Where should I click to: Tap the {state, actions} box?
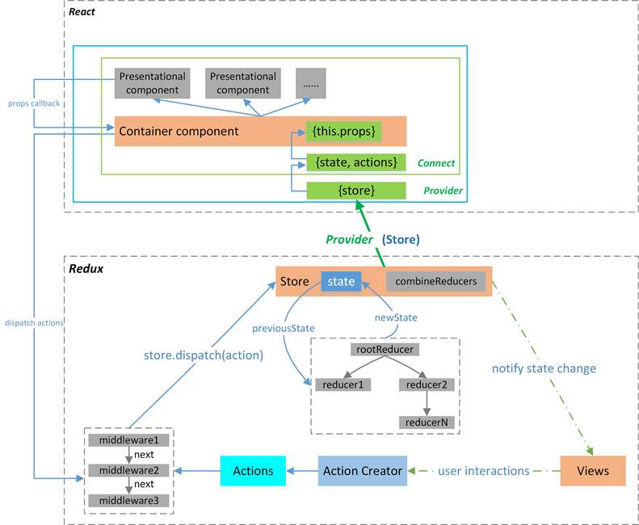355,162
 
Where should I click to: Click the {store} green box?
355,191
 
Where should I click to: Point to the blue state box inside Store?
341,281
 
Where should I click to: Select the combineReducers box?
436,281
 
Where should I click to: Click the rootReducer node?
385,350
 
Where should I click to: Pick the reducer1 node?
342,384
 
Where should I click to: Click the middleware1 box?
128,440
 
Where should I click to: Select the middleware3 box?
128,500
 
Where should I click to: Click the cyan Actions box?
253,470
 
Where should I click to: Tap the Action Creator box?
363,470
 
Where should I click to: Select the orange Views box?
593,470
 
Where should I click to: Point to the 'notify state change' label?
544,368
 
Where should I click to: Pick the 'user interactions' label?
483,470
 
